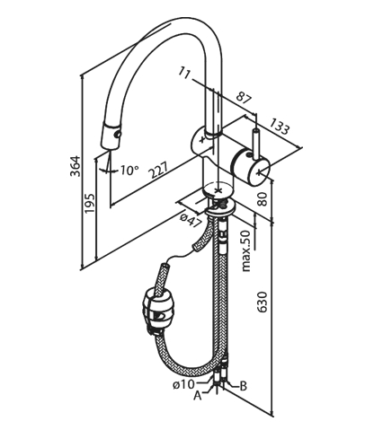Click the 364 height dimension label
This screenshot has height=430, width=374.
pos(76,166)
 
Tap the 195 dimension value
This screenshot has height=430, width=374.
pos(89,203)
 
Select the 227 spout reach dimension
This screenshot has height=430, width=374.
pos(158,171)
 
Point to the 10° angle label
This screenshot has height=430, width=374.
pos(129,171)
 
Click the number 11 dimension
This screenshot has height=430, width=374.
pos(185,73)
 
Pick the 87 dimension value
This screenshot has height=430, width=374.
pos(244,98)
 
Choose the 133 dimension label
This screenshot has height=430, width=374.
pos(279,126)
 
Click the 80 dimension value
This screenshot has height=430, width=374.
pos(263,198)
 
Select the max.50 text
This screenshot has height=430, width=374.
pos(246,250)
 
